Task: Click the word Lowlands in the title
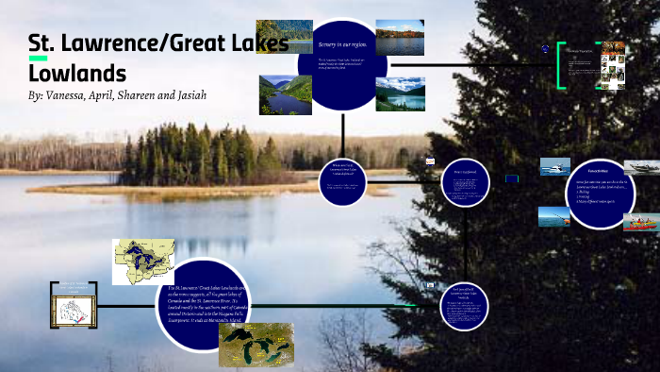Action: [77, 72]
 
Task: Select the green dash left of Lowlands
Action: [38, 59]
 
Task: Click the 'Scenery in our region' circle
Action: [342, 64]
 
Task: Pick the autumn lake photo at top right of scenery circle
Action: [400, 37]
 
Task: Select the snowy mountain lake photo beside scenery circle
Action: [400, 94]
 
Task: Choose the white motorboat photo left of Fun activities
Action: [554, 167]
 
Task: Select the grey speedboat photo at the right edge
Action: [641, 168]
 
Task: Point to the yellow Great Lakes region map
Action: [143, 262]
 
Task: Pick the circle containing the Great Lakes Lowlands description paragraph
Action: [203, 302]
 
